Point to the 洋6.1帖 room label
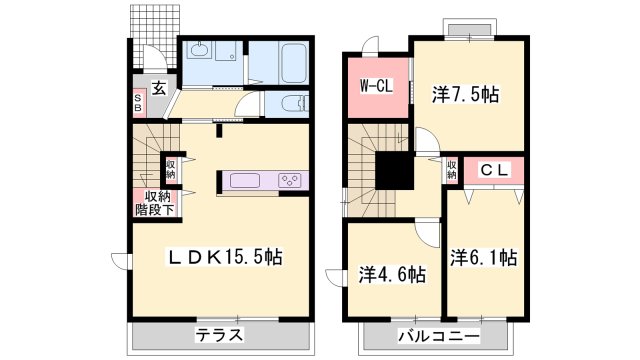(x=483, y=257)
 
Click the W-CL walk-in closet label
(x=375, y=86)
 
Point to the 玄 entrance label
(x=158, y=88)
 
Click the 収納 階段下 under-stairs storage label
(x=156, y=202)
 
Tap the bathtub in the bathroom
(x=292, y=64)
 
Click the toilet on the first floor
(x=291, y=103)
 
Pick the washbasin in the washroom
(x=197, y=51)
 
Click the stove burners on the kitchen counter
(x=291, y=181)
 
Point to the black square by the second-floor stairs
(x=394, y=169)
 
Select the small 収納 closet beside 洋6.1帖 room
(x=451, y=171)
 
